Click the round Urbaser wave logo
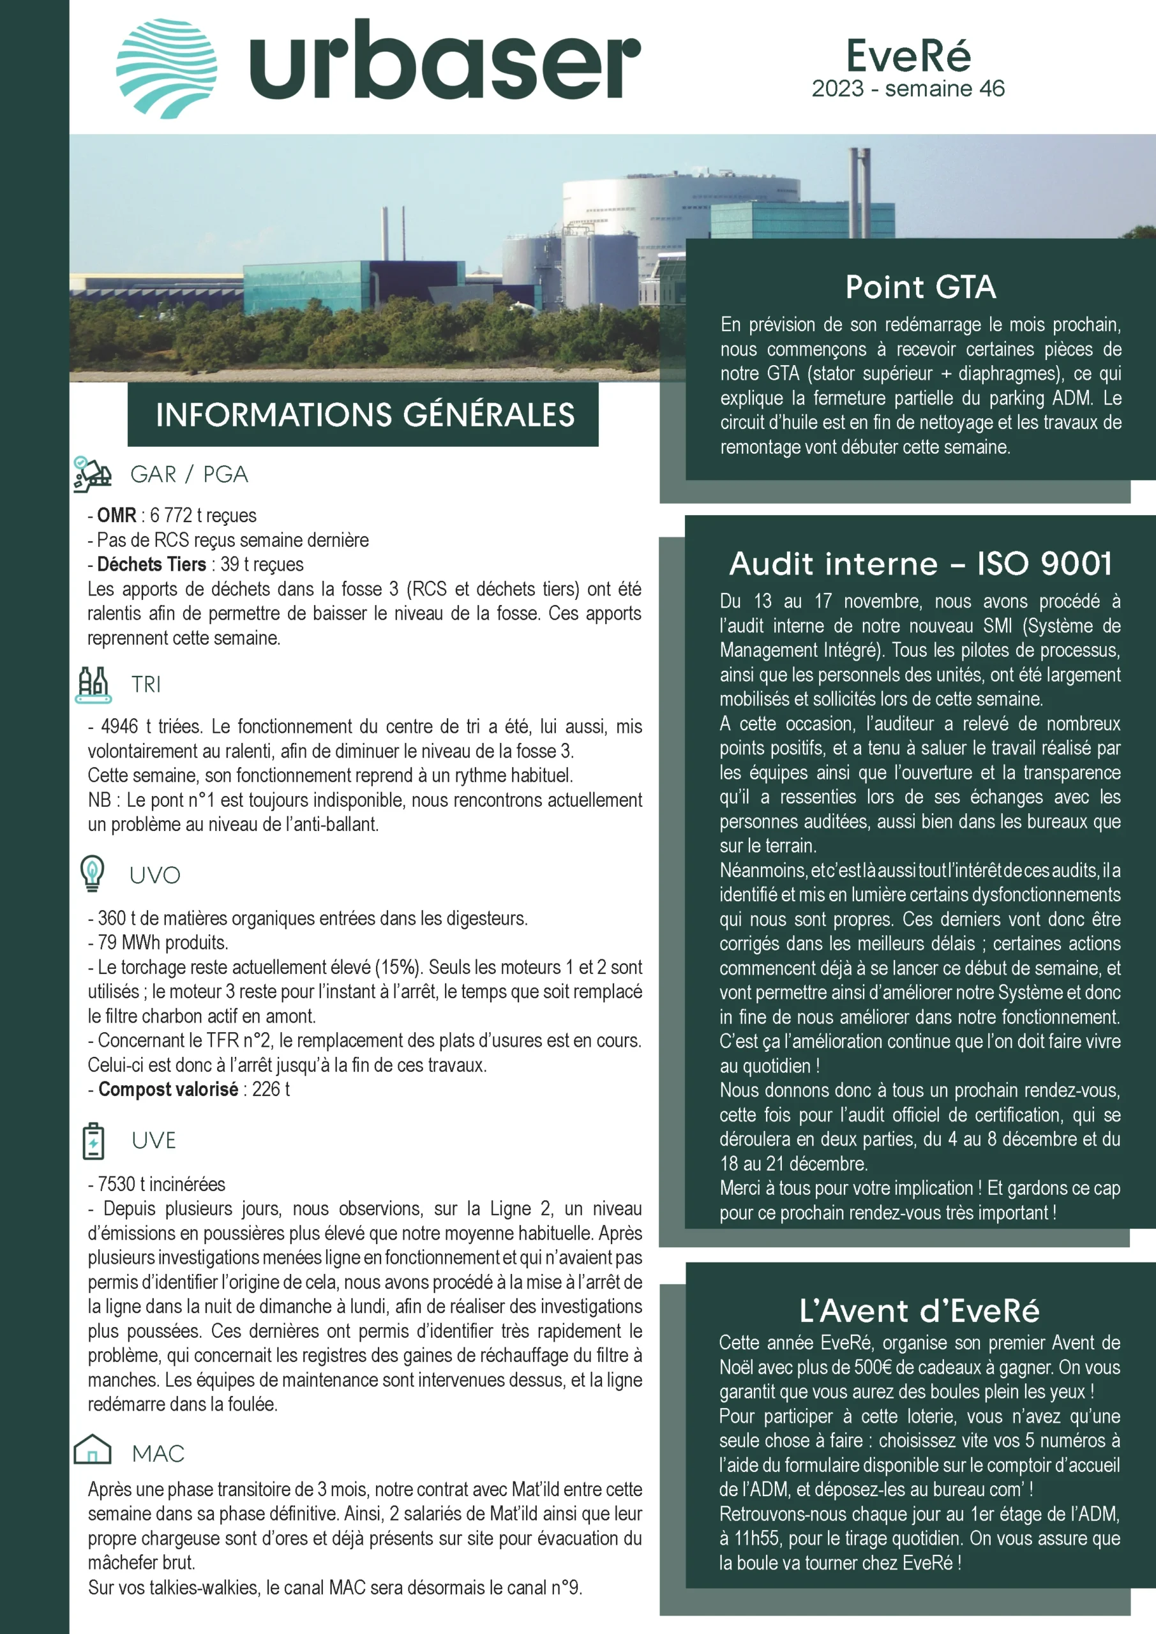167,68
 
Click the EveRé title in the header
908,56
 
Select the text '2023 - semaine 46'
908,89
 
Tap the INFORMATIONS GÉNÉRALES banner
364,415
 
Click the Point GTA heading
920,287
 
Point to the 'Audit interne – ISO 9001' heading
920,564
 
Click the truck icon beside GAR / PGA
93,474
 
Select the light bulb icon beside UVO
93,873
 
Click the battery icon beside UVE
93,1141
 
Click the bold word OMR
117,515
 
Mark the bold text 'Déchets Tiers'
152,564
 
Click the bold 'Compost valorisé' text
168,1089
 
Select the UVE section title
154,1141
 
